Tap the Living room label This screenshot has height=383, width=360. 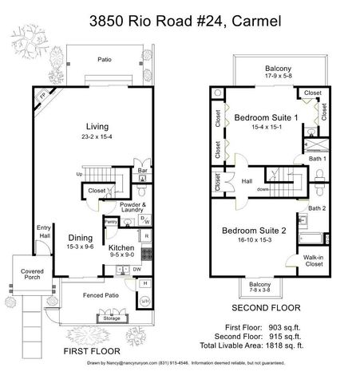98,127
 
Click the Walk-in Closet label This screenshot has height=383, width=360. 314,261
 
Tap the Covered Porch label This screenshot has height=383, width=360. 32,276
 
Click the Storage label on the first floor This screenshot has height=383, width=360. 111,319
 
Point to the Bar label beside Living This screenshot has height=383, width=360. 144,170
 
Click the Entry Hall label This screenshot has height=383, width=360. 44,232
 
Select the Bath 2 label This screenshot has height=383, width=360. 317,209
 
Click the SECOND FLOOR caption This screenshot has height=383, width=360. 266,306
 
